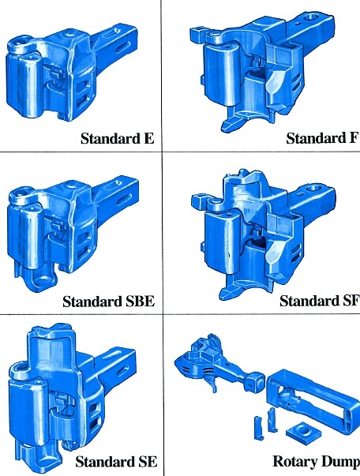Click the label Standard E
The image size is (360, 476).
(x=118, y=138)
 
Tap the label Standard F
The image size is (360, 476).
(x=322, y=138)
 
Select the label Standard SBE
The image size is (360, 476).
(x=109, y=301)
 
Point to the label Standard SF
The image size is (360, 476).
(x=319, y=301)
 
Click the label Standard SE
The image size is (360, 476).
(x=116, y=462)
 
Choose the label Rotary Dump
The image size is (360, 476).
(x=317, y=462)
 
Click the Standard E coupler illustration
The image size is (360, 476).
(x=73, y=73)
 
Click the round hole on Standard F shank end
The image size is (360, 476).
(x=311, y=17)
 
